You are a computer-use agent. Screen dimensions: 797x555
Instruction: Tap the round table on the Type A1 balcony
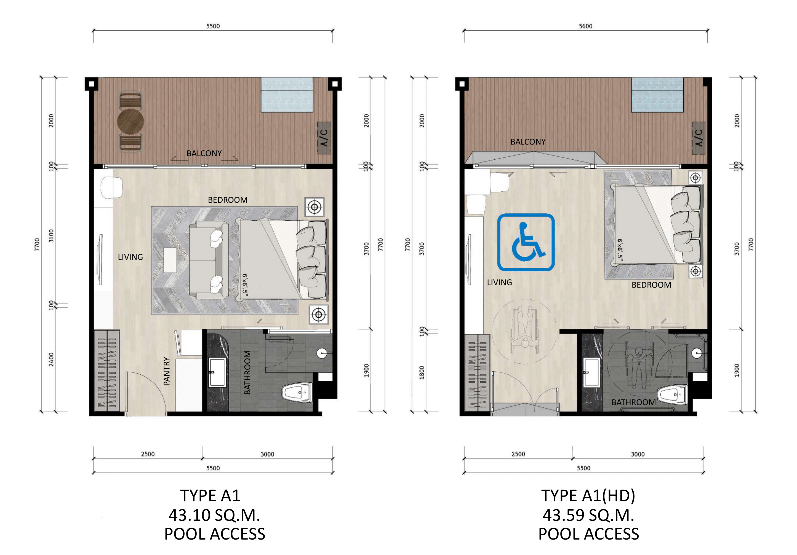pos(130,121)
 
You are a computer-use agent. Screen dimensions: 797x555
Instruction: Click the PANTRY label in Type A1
pos(167,371)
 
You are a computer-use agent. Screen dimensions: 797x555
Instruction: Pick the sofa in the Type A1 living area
pos(209,261)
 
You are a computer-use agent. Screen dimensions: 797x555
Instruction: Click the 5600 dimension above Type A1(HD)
pos(586,26)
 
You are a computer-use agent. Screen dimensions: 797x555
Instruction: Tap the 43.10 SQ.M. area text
pos(214,515)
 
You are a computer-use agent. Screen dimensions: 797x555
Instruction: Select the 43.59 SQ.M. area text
pos(588,515)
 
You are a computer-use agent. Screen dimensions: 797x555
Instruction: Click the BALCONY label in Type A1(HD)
pos(528,142)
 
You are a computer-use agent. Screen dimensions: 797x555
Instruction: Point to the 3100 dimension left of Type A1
pos(51,236)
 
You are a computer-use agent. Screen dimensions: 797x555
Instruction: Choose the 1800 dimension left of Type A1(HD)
pos(422,372)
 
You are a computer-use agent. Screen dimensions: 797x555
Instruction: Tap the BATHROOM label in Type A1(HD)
pos(633,402)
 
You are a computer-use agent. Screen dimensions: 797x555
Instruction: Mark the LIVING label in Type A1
pos(130,257)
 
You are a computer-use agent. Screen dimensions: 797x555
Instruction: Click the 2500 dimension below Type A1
pos(148,454)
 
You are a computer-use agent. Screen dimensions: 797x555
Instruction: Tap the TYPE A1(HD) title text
pos(588,496)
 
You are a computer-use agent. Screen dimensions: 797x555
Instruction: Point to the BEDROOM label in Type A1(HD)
pos(651,285)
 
